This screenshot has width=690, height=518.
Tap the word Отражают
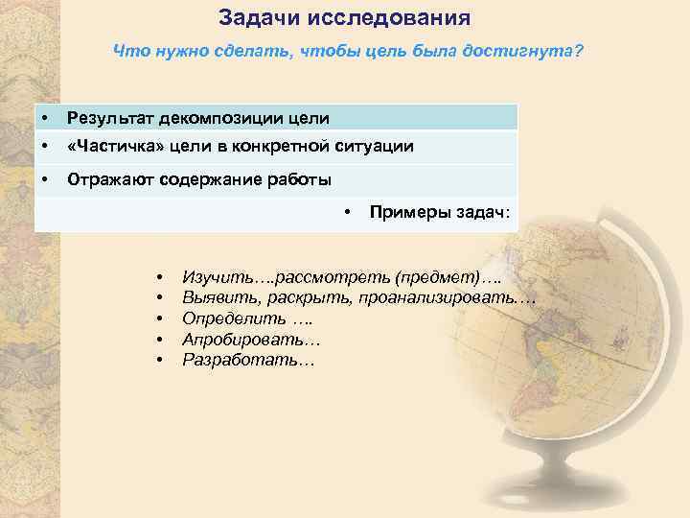(109, 179)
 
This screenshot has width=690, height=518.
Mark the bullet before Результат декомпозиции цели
(45, 118)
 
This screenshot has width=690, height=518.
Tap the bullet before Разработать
(159, 361)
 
